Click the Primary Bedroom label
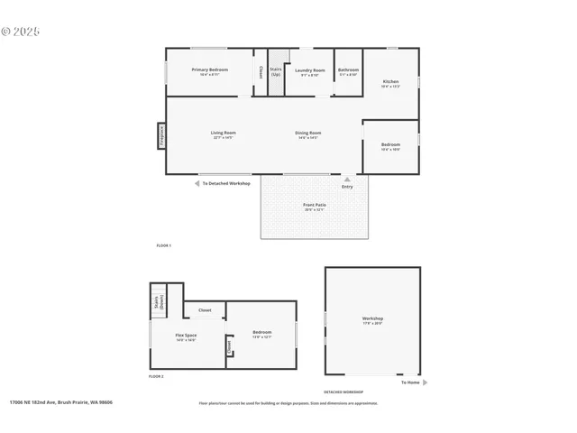point(210,70)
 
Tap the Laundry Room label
point(310,70)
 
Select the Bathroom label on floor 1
point(348,70)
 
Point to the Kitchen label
point(390,83)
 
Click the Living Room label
point(224,134)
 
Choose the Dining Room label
point(307,134)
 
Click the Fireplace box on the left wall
point(161,134)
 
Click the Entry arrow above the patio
point(347,180)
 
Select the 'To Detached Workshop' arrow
point(197,183)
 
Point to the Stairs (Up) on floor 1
point(276,70)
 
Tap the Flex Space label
point(186,337)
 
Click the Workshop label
point(372,319)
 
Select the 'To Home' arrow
point(425,382)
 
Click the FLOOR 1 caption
point(163,245)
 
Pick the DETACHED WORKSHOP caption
point(343,392)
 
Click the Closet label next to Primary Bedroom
point(261,70)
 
